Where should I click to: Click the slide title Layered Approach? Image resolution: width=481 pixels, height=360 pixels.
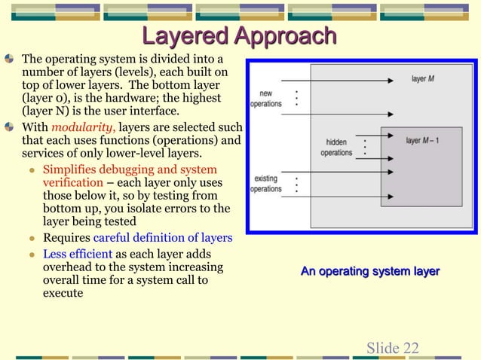point(240,35)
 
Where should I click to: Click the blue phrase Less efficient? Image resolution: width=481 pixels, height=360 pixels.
point(78,253)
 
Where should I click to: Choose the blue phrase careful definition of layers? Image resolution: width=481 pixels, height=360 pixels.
point(162,238)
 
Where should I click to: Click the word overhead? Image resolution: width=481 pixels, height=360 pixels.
point(69,267)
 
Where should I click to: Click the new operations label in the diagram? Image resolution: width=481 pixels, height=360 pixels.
point(265,98)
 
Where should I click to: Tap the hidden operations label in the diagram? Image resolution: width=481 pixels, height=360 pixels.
point(336,147)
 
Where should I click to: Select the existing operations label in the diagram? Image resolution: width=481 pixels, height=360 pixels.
point(265,184)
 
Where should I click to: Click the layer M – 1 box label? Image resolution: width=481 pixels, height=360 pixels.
point(424,140)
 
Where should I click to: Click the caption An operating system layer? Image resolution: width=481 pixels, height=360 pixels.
point(369,271)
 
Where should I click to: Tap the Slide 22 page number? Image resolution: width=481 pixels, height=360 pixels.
point(392,347)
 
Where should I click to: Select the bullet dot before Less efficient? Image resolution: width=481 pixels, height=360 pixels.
point(32,254)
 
